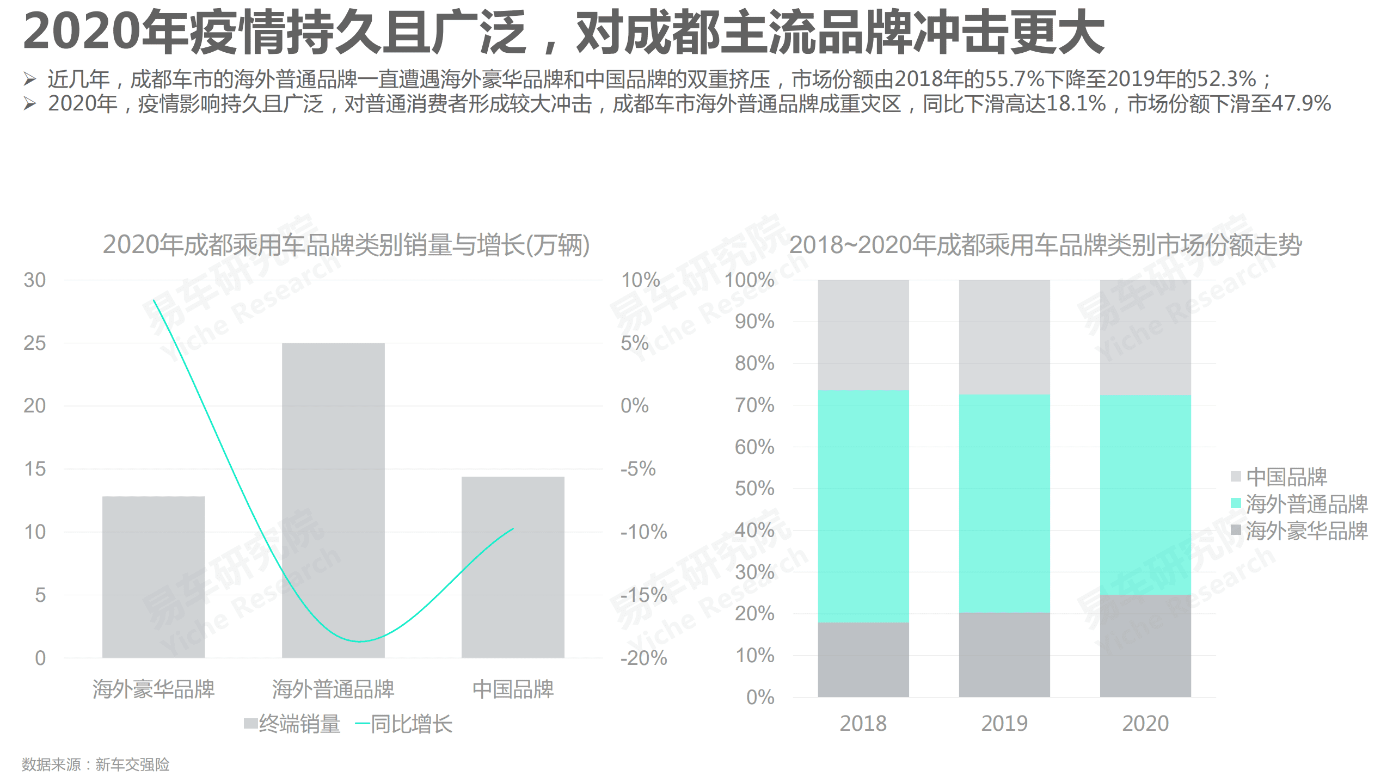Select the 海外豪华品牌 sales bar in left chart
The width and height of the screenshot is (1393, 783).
pyautogui.click(x=153, y=577)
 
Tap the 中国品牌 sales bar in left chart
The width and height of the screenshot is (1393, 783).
pyautogui.click(x=512, y=566)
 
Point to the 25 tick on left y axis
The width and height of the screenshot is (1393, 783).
pyautogui.click(x=34, y=343)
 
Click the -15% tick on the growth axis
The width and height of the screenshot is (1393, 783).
pyautogui.click(x=643, y=595)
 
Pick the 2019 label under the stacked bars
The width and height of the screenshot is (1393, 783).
pyautogui.click(x=1004, y=723)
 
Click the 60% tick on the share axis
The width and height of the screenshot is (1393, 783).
pyautogui.click(x=754, y=447)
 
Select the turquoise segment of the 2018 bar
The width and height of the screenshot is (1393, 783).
pyautogui.click(x=863, y=506)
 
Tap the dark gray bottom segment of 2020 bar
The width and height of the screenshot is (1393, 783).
pyautogui.click(x=1145, y=645)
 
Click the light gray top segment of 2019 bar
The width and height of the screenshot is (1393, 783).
pyautogui.click(x=1004, y=337)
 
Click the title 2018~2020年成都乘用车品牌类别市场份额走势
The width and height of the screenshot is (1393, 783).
pyautogui.click(x=1045, y=245)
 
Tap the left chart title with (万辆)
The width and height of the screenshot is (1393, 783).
pyautogui.click(x=346, y=245)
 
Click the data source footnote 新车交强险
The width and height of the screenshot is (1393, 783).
pyautogui.click(x=132, y=764)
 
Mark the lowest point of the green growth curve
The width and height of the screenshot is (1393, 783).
pyautogui.click(x=359, y=642)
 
